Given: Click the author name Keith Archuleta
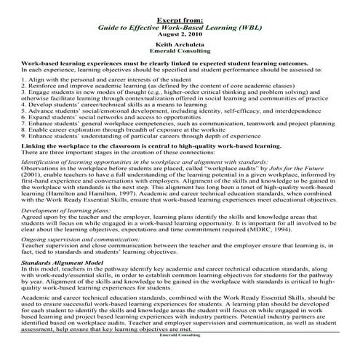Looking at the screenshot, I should coord(180,44).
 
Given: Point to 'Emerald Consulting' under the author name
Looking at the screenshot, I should coord(180,52).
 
